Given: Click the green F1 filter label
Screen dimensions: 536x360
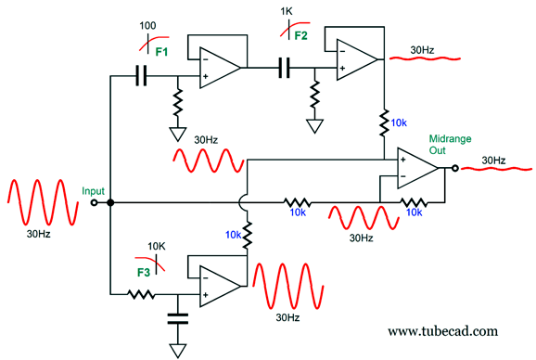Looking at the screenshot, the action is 161,52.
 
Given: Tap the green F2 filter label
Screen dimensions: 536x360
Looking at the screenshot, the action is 300,36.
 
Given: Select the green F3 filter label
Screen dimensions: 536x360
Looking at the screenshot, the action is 144,273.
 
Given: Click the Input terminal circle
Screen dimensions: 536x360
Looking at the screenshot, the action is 94,203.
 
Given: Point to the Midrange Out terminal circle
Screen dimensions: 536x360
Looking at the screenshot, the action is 454,168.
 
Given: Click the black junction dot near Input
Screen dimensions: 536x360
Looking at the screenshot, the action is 110,203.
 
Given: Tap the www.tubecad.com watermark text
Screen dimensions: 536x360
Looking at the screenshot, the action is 442,331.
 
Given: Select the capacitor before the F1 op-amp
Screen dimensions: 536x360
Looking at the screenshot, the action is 141,75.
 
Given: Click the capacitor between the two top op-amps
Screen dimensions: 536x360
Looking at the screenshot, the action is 284,68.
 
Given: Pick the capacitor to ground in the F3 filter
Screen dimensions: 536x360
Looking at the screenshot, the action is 178,318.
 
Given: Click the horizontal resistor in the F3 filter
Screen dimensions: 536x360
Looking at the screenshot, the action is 141,294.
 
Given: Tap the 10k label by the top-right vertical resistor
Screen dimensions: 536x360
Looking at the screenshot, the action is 399,122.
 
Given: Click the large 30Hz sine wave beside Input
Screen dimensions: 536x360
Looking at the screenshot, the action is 43,202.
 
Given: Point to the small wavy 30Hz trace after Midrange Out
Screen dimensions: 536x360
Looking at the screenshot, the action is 496,169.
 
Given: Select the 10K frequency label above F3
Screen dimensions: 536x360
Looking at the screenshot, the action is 157,246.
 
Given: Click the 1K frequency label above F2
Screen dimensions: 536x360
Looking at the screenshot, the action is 287,12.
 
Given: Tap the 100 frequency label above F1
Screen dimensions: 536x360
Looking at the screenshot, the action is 147,26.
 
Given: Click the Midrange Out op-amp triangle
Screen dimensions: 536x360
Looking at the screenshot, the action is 417,168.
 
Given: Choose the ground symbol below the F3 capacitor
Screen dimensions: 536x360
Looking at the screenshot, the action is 178,351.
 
